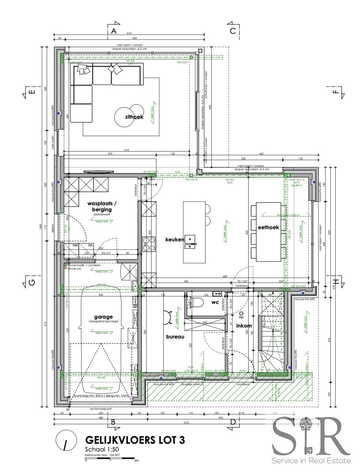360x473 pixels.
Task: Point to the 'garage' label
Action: [103, 317]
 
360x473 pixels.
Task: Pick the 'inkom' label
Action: [244, 326]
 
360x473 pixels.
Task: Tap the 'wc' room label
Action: [215, 302]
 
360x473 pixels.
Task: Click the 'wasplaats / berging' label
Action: [99, 207]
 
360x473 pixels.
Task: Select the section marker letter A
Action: [114, 31]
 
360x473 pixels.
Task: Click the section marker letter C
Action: [233, 31]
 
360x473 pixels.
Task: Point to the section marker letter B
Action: [114, 422]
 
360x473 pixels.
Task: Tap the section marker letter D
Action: [233, 422]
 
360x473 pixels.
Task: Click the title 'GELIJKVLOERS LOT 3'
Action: [135, 440]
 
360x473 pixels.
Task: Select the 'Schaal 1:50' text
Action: [100, 449]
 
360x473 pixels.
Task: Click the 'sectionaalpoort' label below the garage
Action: [101, 409]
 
